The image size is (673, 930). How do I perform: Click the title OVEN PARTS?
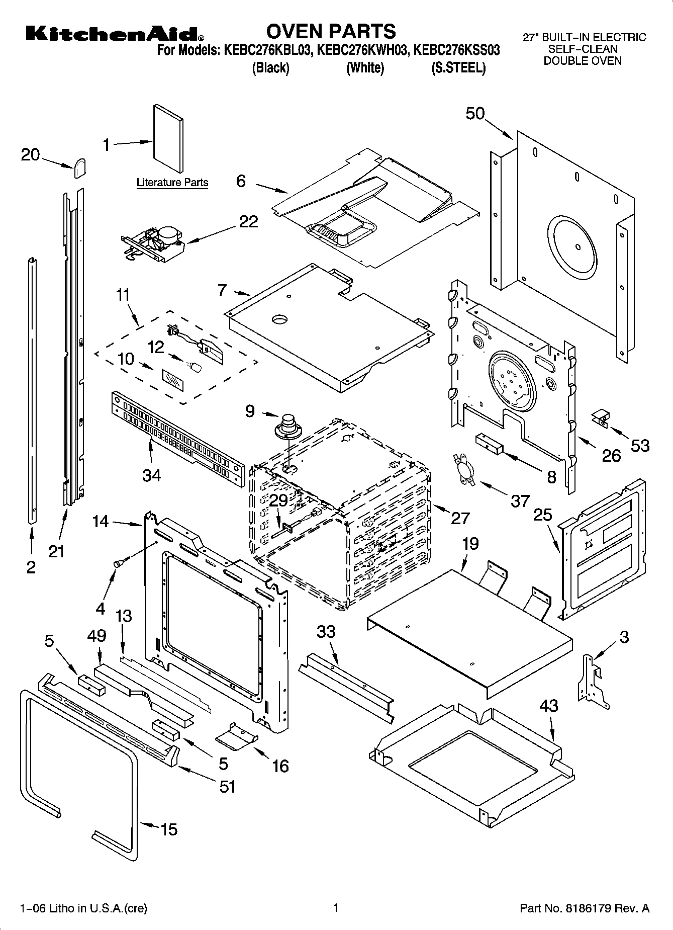pos(331,31)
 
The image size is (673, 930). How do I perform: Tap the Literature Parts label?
pos(172,182)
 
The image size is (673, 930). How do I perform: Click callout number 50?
pos(475,114)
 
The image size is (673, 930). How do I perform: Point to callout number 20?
pos(30,154)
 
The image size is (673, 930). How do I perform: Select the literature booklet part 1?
pos(168,139)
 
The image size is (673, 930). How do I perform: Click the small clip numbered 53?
pos(600,418)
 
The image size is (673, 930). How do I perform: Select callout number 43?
pos(548,706)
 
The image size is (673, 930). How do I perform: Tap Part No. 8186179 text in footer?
pos(584,908)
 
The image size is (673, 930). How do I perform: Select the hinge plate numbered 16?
pos(237,735)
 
